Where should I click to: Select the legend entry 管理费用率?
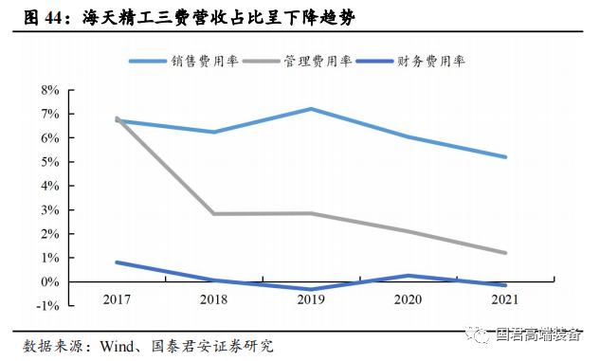(318, 62)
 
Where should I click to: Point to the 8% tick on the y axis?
(50, 90)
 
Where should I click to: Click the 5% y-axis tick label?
(50, 162)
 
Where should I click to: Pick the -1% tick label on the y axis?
(48, 306)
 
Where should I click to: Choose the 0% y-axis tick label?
(50, 281)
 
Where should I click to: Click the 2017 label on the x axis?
(116, 300)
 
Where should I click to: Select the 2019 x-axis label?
(311, 300)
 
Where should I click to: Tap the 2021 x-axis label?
(505, 300)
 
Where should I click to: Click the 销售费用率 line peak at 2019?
(311, 109)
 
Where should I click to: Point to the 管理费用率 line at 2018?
(213, 213)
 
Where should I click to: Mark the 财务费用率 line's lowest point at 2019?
(311, 289)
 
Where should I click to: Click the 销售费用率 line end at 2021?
(505, 157)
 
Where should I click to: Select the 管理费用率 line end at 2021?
(505, 253)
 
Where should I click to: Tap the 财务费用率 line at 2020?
(409, 276)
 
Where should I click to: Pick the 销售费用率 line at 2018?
(213, 132)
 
